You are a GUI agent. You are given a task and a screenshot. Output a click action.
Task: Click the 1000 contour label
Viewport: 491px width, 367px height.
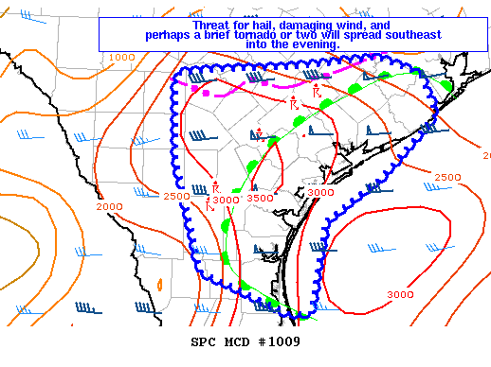click(121, 58)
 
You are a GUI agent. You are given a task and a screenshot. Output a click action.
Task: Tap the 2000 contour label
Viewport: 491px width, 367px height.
click(109, 206)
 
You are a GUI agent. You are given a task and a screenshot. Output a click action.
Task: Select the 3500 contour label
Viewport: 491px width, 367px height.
click(260, 199)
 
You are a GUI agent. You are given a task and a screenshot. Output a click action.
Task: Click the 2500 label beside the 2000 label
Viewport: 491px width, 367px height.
click(175, 197)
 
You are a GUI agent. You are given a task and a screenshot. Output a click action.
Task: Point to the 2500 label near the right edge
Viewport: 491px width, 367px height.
click(447, 178)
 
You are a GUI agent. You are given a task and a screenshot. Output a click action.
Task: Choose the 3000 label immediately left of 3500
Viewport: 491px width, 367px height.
click(226, 200)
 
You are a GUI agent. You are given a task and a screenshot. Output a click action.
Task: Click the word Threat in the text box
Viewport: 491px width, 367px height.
click(213, 26)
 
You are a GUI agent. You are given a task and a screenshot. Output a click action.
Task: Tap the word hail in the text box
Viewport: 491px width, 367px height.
click(268, 26)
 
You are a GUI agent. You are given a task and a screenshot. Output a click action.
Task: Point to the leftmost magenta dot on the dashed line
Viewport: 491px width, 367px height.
click(195, 89)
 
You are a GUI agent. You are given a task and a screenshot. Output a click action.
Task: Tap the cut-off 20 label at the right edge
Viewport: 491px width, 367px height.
click(485, 155)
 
